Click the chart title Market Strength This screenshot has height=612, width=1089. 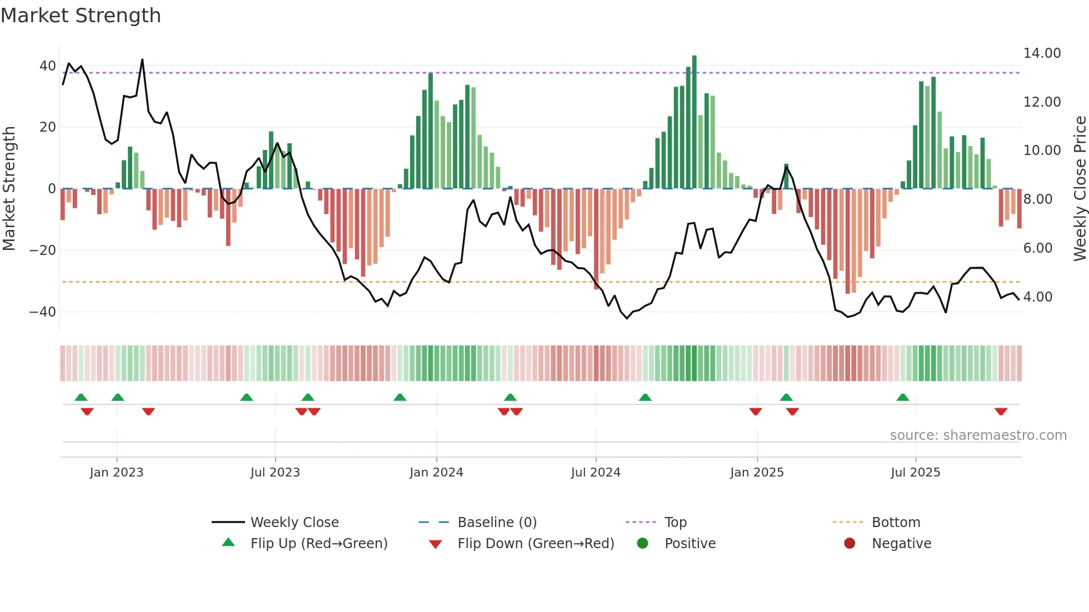(81, 16)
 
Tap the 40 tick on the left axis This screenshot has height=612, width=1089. (47, 66)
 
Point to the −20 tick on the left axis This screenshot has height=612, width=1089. (43, 250)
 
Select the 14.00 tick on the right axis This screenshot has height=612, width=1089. (1042, 53)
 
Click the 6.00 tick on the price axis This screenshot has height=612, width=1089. (1037, 248)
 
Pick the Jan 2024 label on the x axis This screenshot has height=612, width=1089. (436, 473)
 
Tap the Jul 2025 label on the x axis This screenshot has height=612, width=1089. (915, 473)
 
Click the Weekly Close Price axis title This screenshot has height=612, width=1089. (1080, 189)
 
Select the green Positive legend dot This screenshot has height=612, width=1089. (642, 544)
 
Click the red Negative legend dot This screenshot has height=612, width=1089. (850, 544)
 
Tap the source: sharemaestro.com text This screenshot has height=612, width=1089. (978, 435)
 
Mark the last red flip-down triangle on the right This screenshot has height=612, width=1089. (1001, 412)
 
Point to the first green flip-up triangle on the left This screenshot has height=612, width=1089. (81, 397)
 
